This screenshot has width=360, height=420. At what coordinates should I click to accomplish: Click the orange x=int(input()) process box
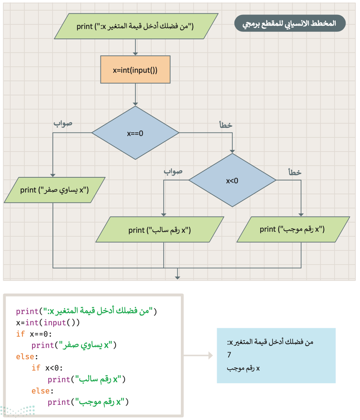click(x=135, y=70)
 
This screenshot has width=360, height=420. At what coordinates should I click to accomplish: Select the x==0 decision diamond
click(x=135, y=133)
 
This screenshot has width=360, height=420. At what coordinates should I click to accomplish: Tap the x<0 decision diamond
click(x=232, y=180)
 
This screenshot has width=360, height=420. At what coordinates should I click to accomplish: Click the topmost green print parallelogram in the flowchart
click(x=136, y=26)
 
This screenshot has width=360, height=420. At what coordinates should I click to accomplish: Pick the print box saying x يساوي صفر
click(x=55, y=190)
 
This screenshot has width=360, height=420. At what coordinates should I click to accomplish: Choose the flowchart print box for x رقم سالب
click(x=160, y=230)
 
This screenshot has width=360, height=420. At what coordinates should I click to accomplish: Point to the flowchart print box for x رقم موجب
click(x=293, y=229)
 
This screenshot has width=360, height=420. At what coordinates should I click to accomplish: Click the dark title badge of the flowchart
click(x=290, y=23)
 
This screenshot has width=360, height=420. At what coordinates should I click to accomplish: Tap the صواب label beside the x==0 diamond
click(x=63, y=124)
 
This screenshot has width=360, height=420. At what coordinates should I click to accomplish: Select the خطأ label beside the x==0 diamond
click(x=226, y=125)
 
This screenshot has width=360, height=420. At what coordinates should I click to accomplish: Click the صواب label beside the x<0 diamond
click(x=173, y=171)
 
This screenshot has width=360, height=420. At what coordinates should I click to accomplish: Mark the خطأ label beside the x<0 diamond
click(x=295, y=172)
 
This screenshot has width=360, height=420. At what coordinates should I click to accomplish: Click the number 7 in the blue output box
click(x=229, y=355)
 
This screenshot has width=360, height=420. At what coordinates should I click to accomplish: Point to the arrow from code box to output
click(x=198, y=355)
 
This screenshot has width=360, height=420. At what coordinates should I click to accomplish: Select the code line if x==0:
click(x=34, y=334)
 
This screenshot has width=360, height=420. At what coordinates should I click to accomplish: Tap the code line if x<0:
click(x=47, y=368)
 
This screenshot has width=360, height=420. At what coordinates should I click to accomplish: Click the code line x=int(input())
click(x=48, y=323)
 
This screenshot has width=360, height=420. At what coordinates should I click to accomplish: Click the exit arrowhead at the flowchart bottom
click(x=177, y=278)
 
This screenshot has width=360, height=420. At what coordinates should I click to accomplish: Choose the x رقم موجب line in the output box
click(x=243, y=369)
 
